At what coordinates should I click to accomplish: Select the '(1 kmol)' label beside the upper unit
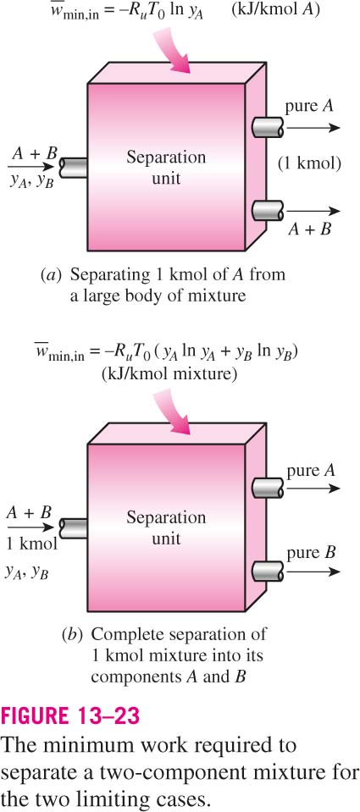tap(309, 163)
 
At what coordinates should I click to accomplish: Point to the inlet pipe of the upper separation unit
tap(73, 166)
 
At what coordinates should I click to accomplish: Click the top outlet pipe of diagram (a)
tap(268, 127)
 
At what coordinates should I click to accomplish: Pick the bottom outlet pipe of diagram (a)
tap(268, 212)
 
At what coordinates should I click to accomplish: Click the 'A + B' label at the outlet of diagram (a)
tap(310, 229)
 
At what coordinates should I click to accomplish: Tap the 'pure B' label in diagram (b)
tap(311, 553)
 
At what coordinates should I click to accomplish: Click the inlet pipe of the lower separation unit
tap(73, 528)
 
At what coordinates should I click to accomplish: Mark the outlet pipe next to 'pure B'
tap(268, 572)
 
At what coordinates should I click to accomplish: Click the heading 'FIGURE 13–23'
tap(71, 716)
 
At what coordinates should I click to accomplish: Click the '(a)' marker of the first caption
tap(50, 275)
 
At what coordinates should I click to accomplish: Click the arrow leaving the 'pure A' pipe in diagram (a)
tap(313, 127)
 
